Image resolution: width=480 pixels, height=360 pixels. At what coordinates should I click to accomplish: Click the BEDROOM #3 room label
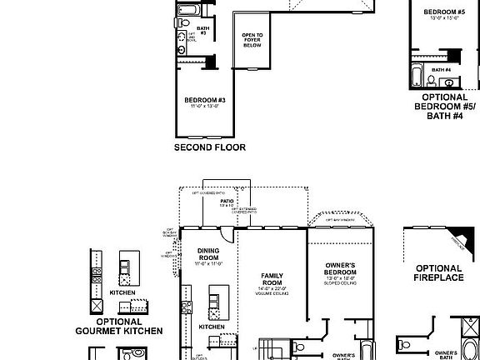tap(204, 99)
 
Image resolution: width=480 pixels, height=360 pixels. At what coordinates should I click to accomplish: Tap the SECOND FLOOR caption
tap(209, 147)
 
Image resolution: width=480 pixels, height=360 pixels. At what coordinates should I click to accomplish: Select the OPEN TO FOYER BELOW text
tap(252, 40)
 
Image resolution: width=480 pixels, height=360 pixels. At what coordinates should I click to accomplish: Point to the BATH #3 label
tap(202, 30)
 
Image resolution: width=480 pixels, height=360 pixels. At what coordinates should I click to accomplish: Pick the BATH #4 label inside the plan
tap(442, 70)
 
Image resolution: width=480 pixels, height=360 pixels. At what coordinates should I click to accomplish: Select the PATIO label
tap(226, 201)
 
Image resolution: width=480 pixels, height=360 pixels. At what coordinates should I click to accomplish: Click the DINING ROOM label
tap(208, 254)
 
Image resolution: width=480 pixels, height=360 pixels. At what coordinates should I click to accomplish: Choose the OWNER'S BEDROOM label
tap(340, 269)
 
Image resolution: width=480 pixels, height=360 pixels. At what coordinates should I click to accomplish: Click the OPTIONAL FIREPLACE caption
tap(439, 273)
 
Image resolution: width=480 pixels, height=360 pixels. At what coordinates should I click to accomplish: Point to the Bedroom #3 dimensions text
tap(204, 107)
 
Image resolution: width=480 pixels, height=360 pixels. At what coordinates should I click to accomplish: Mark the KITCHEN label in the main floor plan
tap(211, 327)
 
